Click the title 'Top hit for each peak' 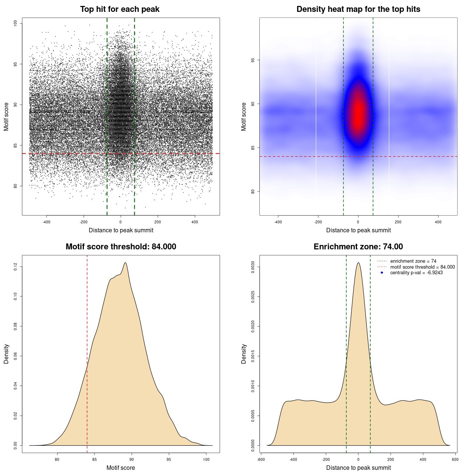click(x=119, y=9)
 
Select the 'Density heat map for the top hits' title click(x=358, y=9)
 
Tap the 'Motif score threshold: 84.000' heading click(x=121, y=247)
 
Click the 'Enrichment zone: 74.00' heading click(x=358, y=247)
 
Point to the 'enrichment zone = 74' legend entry click(x=413, y=261)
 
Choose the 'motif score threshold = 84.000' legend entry click(x=422, y=267)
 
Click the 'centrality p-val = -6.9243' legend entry click(x=416, y=273)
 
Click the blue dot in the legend click(x=382, y=273)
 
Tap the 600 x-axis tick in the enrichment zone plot click(x=455, y=459)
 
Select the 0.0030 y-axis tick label click(x=253, y=267)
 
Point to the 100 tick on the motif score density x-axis click(x=206, y=459)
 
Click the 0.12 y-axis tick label click(x=15, y=266)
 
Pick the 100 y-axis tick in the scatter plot click(x=15, y=23)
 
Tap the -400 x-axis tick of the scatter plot click(x=46, y=222)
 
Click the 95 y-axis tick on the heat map click(x=253, y=60)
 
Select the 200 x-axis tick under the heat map click(x=398, y=222)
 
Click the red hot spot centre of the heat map click(x=358, y=111)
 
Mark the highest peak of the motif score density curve click(x=125, y=263)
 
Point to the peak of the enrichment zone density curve click(x=358, y=263)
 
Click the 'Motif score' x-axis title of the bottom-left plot click(x=121, y=468)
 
